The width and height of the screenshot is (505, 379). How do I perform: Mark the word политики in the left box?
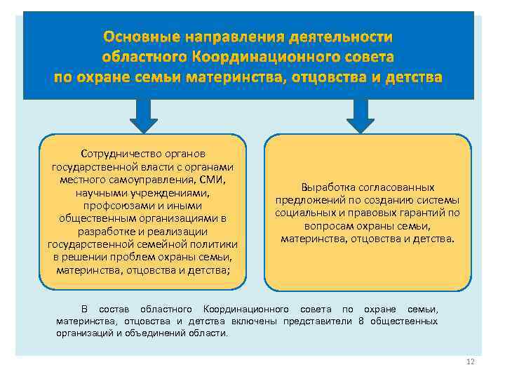pyautogui.click(x=215, y=244)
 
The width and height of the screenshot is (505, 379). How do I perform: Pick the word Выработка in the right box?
pyautogui.click(x=323, y=187)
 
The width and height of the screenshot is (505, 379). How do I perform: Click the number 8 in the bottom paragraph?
pyautogui.click(x=361, y=321)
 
